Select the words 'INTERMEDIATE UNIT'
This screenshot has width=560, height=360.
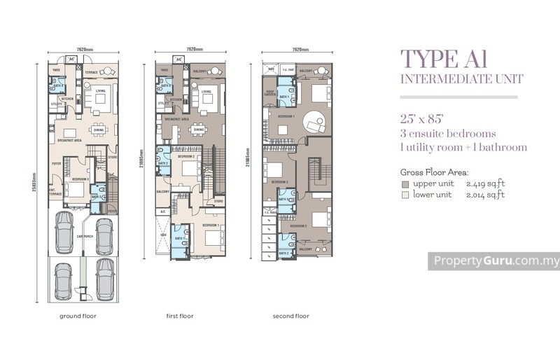pyautogui.click(x=458, y=79)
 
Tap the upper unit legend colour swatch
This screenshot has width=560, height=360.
pyautogui.click(x=405, y=184)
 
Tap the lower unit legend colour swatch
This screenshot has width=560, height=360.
pyautogui.click(x=405, y=194)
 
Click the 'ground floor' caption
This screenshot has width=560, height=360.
pyautogui.click(x=78, y=316)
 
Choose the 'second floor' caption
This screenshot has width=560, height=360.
pyautogui.click(x=290, y=316)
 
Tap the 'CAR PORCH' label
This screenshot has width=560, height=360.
pyautogui.click(x=85, y=246)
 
